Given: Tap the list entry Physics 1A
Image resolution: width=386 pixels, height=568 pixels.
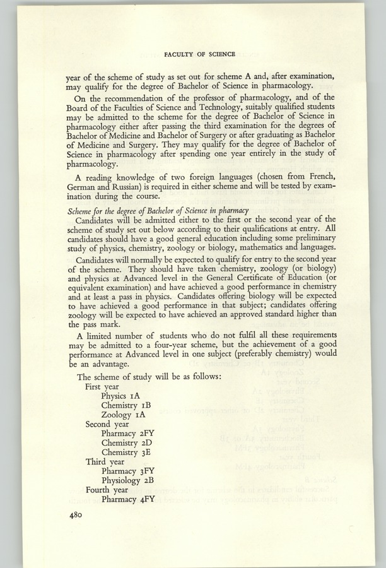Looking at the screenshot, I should [x=122, y=396].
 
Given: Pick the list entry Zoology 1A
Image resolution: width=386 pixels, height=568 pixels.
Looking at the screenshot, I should [x=124, y=415].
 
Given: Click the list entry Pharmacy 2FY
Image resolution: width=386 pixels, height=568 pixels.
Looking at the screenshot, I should [x=127, y=434].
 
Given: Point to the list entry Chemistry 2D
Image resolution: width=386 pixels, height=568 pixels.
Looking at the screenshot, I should [x=129, y=443].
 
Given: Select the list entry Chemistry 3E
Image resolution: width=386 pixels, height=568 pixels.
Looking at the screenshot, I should [x=128, y=453].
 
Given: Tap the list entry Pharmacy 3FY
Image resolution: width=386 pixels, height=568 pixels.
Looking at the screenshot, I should [x=127, y=471].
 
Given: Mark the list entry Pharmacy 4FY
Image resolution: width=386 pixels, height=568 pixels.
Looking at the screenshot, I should [x=127, y=500].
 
